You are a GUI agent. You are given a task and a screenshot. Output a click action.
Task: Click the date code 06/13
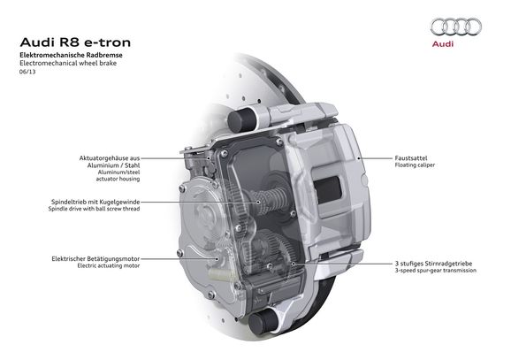(x=27, y=73)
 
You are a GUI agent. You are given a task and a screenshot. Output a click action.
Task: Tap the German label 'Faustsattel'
(x=414, y=158)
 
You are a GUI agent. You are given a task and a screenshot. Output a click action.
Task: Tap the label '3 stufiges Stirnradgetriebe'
(x=434, y=263)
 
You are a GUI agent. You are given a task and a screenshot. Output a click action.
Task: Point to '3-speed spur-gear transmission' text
(x=436, y=271)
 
